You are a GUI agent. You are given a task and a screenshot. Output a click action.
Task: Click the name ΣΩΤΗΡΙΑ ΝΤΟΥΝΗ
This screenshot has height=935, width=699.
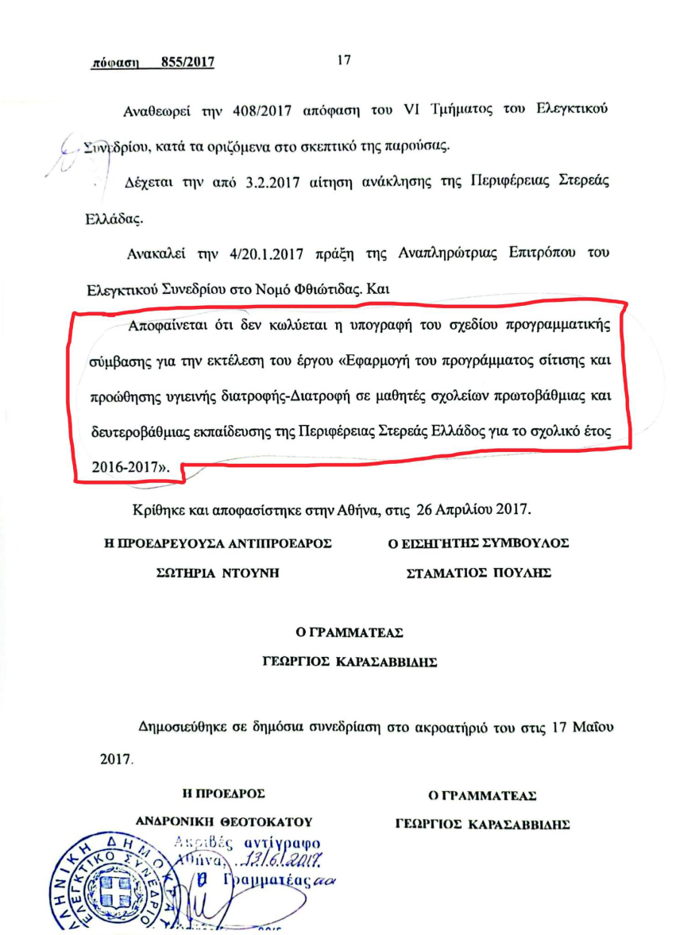click(217, 572)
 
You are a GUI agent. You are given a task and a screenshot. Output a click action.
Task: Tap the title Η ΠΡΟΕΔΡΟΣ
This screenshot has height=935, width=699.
click(223, 793)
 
